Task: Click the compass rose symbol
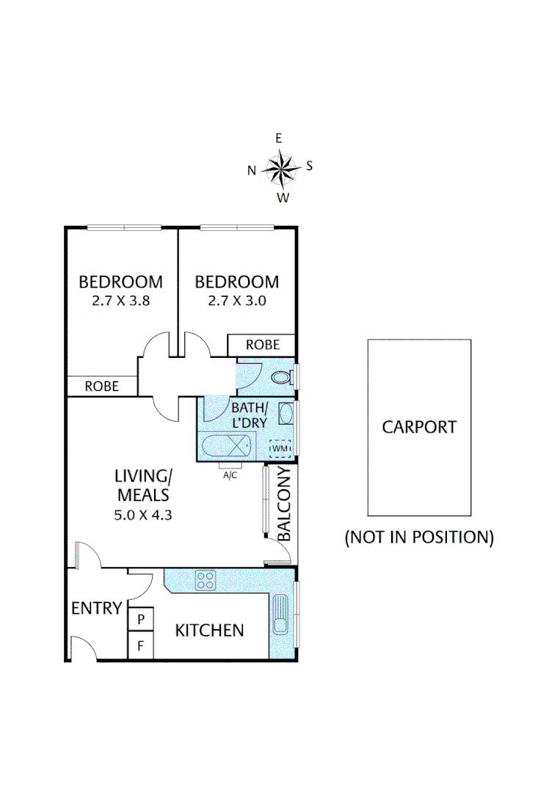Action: pos(280,168)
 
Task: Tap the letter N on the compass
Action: pos(251,171)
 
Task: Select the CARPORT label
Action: pos(419,427)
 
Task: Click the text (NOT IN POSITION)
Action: pos(419,537)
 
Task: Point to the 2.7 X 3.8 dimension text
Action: pos(121,300)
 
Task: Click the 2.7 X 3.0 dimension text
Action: pos(236,300)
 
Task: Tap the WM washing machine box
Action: pos(280,447)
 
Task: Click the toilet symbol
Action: pos(281,378)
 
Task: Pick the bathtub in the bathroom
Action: pos(227,446)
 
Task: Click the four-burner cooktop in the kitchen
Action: pos(206,580)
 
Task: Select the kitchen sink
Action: pos(282,614)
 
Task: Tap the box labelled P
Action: pos(142,619)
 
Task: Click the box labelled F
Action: pos(142,646)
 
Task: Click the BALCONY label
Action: pos(285,505)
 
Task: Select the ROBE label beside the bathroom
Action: pos(261,344)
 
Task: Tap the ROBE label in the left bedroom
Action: pos(102,386)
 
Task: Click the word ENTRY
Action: pos(96,608)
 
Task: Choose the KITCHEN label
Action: pos(209,630)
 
